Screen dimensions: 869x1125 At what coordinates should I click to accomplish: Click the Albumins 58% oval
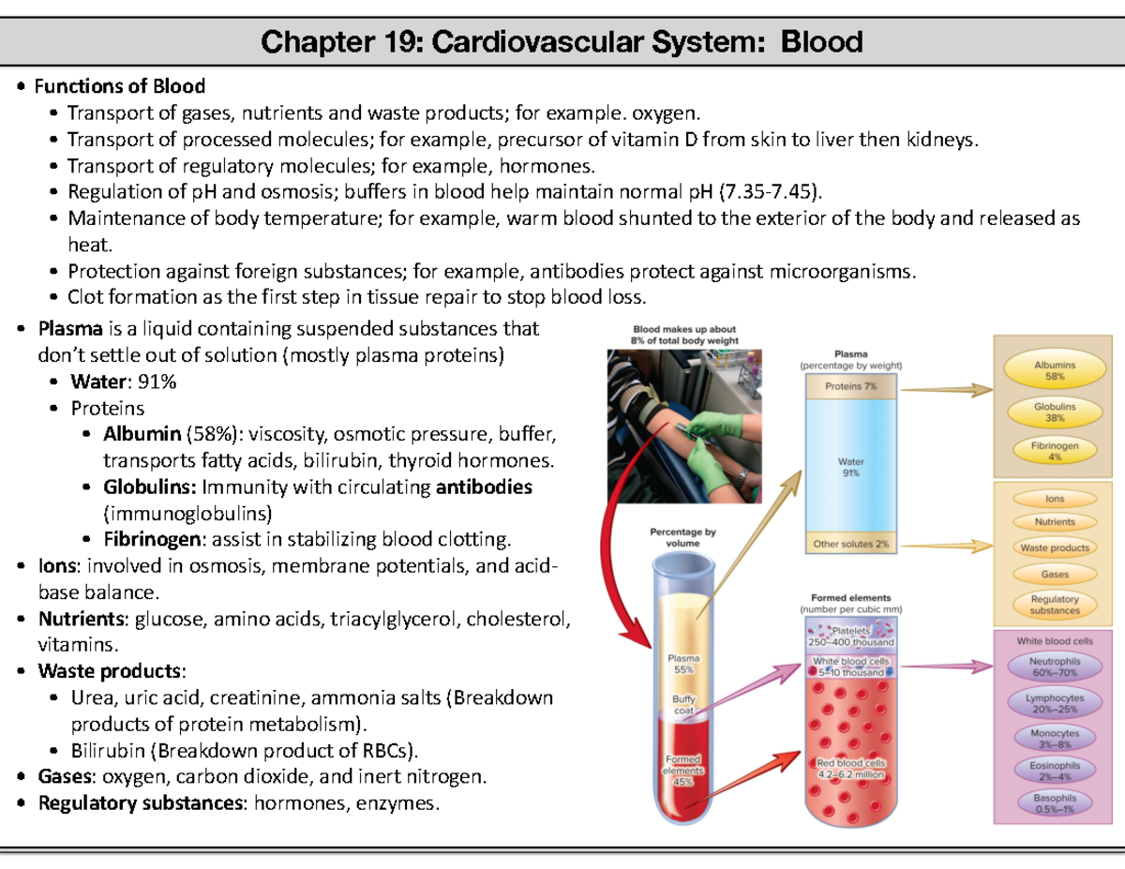click(x=1055, y=370)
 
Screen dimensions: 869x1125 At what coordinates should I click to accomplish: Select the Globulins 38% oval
click(x=1055, y=413)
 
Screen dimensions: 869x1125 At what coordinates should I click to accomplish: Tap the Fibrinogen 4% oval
click(x=1055, y=452)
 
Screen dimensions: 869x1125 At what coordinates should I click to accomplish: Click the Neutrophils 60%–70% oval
click(x=1055, y=667)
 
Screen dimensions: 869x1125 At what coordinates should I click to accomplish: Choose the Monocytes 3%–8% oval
click(x=1055, y=740)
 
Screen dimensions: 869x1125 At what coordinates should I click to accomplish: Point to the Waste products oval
click(x=1055, y=547)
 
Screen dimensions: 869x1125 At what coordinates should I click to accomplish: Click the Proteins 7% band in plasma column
click(x=851, y=386)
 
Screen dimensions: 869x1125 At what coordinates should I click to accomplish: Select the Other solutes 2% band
click(x=851, y=544)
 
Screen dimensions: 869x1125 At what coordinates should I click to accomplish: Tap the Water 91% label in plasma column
click(x=851, y=467)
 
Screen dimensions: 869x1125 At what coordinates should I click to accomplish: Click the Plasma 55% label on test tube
click(x=682, y=664)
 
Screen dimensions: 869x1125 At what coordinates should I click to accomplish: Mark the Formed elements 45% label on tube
click(x=682, y=771)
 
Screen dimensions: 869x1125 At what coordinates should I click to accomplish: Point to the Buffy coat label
click(x=682, y=704)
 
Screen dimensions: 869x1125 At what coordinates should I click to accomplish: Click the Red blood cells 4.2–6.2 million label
click(x=851, y=769)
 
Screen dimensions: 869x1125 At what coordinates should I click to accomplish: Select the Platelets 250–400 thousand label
click(x=851, y=637)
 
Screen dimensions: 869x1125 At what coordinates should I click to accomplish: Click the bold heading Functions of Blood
click(x=119, y=87)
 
